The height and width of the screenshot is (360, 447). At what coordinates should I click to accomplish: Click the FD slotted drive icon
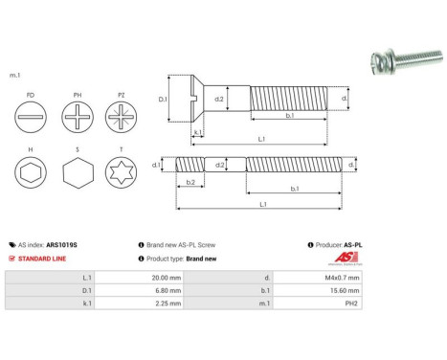(x=33, y=123)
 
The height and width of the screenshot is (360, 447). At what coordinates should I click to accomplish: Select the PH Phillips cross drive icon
(x=78, y=123)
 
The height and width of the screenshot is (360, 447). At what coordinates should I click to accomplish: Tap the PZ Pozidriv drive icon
(x=123, y=123)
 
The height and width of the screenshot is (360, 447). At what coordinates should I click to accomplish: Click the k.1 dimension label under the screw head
(x=197, y=132)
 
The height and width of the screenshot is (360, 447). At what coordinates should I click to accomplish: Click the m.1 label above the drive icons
(x=14, y=75)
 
